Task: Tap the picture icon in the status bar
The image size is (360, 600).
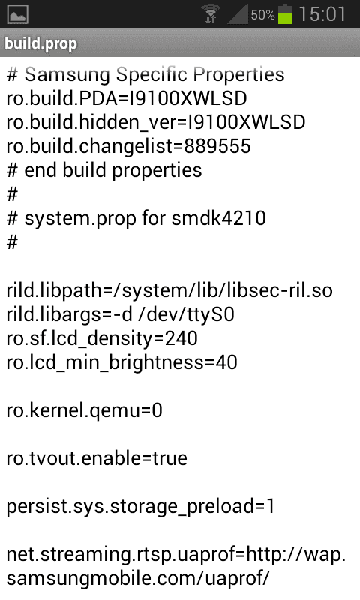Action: [17, 14]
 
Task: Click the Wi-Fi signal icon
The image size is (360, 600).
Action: [211, 13]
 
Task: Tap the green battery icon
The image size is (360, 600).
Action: [285, 13]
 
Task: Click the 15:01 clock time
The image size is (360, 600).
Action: [322, 14]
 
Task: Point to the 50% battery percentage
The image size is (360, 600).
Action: [262, 15]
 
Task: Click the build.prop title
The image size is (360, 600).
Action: [41, 43]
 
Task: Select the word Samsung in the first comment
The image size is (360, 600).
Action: [67, 75]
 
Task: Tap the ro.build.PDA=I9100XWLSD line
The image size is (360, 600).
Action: [127, 99]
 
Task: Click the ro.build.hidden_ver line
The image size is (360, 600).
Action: [156, 123]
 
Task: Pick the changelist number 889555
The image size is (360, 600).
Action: [217, 146]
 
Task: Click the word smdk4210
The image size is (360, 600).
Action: [219, 218]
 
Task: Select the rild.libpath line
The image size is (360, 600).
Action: [169, 291]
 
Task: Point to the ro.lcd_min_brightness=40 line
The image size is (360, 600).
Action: [122, 363]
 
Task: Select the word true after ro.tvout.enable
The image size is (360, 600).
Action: [169, 458]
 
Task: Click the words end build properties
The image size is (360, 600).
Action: [113, 171]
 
